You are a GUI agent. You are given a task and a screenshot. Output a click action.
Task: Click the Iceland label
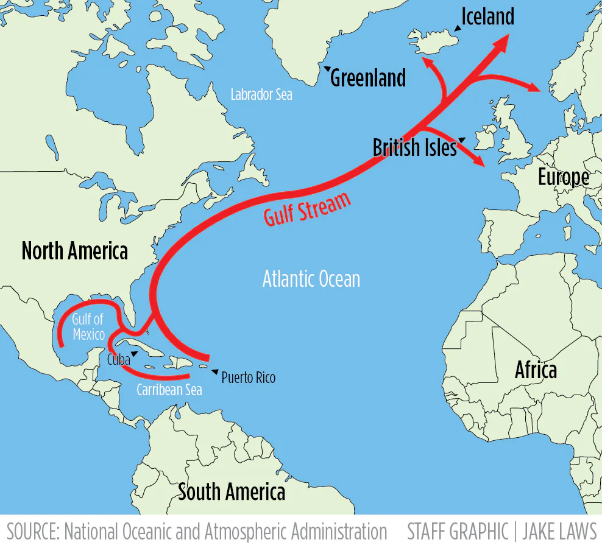[x=487, y=16]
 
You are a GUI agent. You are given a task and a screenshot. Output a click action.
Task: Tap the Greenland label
[x=367, y=79]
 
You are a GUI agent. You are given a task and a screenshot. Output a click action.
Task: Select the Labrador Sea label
[x=261, y=95]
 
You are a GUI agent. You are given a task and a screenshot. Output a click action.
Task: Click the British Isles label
[x=414, y=147]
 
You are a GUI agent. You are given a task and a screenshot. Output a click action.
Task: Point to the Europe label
[x=563, y=177]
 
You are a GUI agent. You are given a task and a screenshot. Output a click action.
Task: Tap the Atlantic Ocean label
[x=311, y=279]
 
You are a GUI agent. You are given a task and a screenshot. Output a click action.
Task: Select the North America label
[x=74, y=250]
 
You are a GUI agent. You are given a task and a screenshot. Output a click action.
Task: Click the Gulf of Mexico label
[x=88, y=327]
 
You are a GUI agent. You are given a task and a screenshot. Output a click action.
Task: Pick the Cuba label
[x=118, y=359]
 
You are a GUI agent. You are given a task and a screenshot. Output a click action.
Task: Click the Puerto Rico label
[x=248, y=378]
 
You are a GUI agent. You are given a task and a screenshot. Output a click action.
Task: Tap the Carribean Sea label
[x=169, y=390]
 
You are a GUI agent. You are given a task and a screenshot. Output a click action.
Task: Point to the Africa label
[x=536, y=370]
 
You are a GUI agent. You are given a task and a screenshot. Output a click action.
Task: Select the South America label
[x=232, y=492]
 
